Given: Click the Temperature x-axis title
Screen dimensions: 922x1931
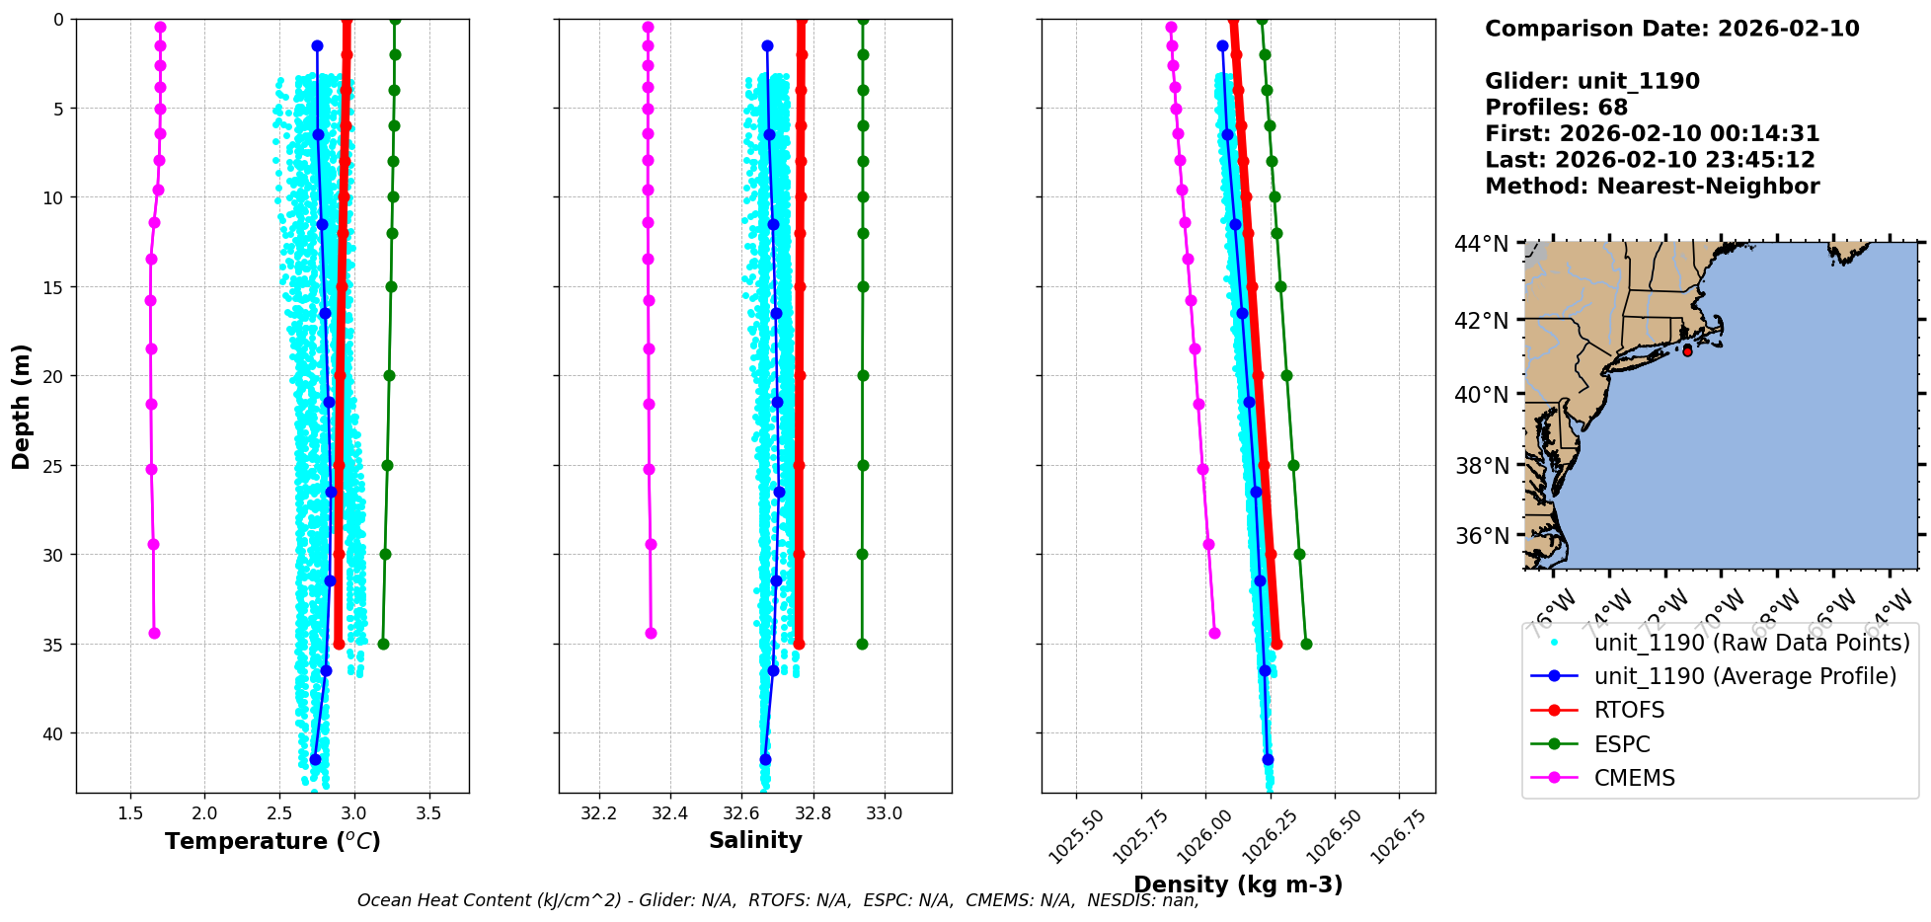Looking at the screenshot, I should (272, 841).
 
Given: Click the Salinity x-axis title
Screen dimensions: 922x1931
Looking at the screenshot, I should (755, 840).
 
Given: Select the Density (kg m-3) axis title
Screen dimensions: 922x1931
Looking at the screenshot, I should (1238, 884).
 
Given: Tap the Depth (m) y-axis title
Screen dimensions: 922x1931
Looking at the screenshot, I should (22, 406).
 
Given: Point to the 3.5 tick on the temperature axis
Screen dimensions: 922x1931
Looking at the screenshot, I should (428, 814).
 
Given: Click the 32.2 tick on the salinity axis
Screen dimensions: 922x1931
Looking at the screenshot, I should (598, 814).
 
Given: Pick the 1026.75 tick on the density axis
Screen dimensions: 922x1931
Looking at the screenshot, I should (1400, 835).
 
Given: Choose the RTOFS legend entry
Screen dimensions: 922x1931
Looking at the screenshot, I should (1629, 711).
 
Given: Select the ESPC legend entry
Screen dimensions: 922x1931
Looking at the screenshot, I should (1622, 744).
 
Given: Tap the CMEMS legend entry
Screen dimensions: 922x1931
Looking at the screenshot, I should (1634, 778).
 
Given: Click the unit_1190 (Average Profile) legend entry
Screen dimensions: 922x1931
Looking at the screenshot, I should (1744, 676).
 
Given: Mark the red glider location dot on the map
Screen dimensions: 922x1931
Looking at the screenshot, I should (1687, 351).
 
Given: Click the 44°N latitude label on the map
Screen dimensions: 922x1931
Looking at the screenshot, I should (1482, 243).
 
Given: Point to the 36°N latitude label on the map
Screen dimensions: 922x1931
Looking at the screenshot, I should (1482, 536).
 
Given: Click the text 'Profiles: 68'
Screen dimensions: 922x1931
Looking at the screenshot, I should (1556, 108).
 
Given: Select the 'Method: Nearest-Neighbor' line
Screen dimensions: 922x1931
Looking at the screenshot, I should (1652, 187).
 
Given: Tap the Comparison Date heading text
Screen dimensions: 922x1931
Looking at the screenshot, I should (1671, 29).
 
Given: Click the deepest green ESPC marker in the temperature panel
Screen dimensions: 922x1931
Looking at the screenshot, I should (383, 645).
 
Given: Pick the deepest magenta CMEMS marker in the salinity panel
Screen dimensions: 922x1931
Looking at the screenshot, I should (651, 634).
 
